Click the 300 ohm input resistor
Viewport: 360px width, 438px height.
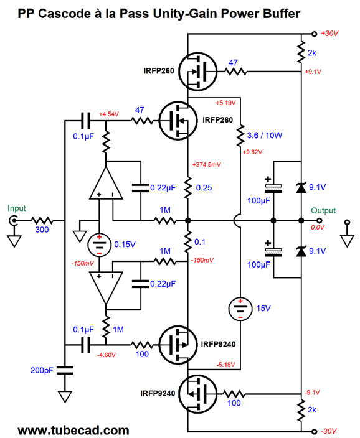pyautogui.click(x=42, y=221)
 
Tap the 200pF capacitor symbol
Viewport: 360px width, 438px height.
pyautogui.click(x=65, y=371)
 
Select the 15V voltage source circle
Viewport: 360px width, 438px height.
pyautogui.click(x=240, y=309)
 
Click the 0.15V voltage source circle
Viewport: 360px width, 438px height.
pyautogui.click(x=99, y=245)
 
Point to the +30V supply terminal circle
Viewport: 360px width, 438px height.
pyautogui.click(x=314, y=34)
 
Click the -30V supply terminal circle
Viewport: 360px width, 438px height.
pyautogui.click(x=314, y=431)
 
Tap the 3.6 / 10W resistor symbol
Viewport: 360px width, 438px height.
pyautogui.click(x=240, y=136)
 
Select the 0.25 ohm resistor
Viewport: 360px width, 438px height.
pyautogui.click(x=188, y=188)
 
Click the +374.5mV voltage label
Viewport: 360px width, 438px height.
pyautogui.click(x=207, y=165)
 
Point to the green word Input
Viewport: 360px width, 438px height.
pyautogui.click(x=16, y=208)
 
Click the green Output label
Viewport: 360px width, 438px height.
pyautogui.click(x=323, y=211)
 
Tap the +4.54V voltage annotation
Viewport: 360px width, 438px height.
pyautogui.click(x=109, y=114)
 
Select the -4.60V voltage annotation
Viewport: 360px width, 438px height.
pyautogui.click(x=107, y=355)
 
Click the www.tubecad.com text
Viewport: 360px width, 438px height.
pyautogui.click(x=73, y=431)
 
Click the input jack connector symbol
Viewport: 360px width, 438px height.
pyautogui.click(x=13, y=221)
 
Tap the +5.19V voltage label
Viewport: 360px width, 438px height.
pyautogui.click(x=225, y=103)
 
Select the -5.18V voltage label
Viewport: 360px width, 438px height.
pyautogui.click(x=225, y=365)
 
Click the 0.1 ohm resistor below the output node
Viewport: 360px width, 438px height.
pyautogui.click(x=188, y=242)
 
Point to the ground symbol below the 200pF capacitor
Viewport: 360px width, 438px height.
pyautogui.click(x=65, y=397)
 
